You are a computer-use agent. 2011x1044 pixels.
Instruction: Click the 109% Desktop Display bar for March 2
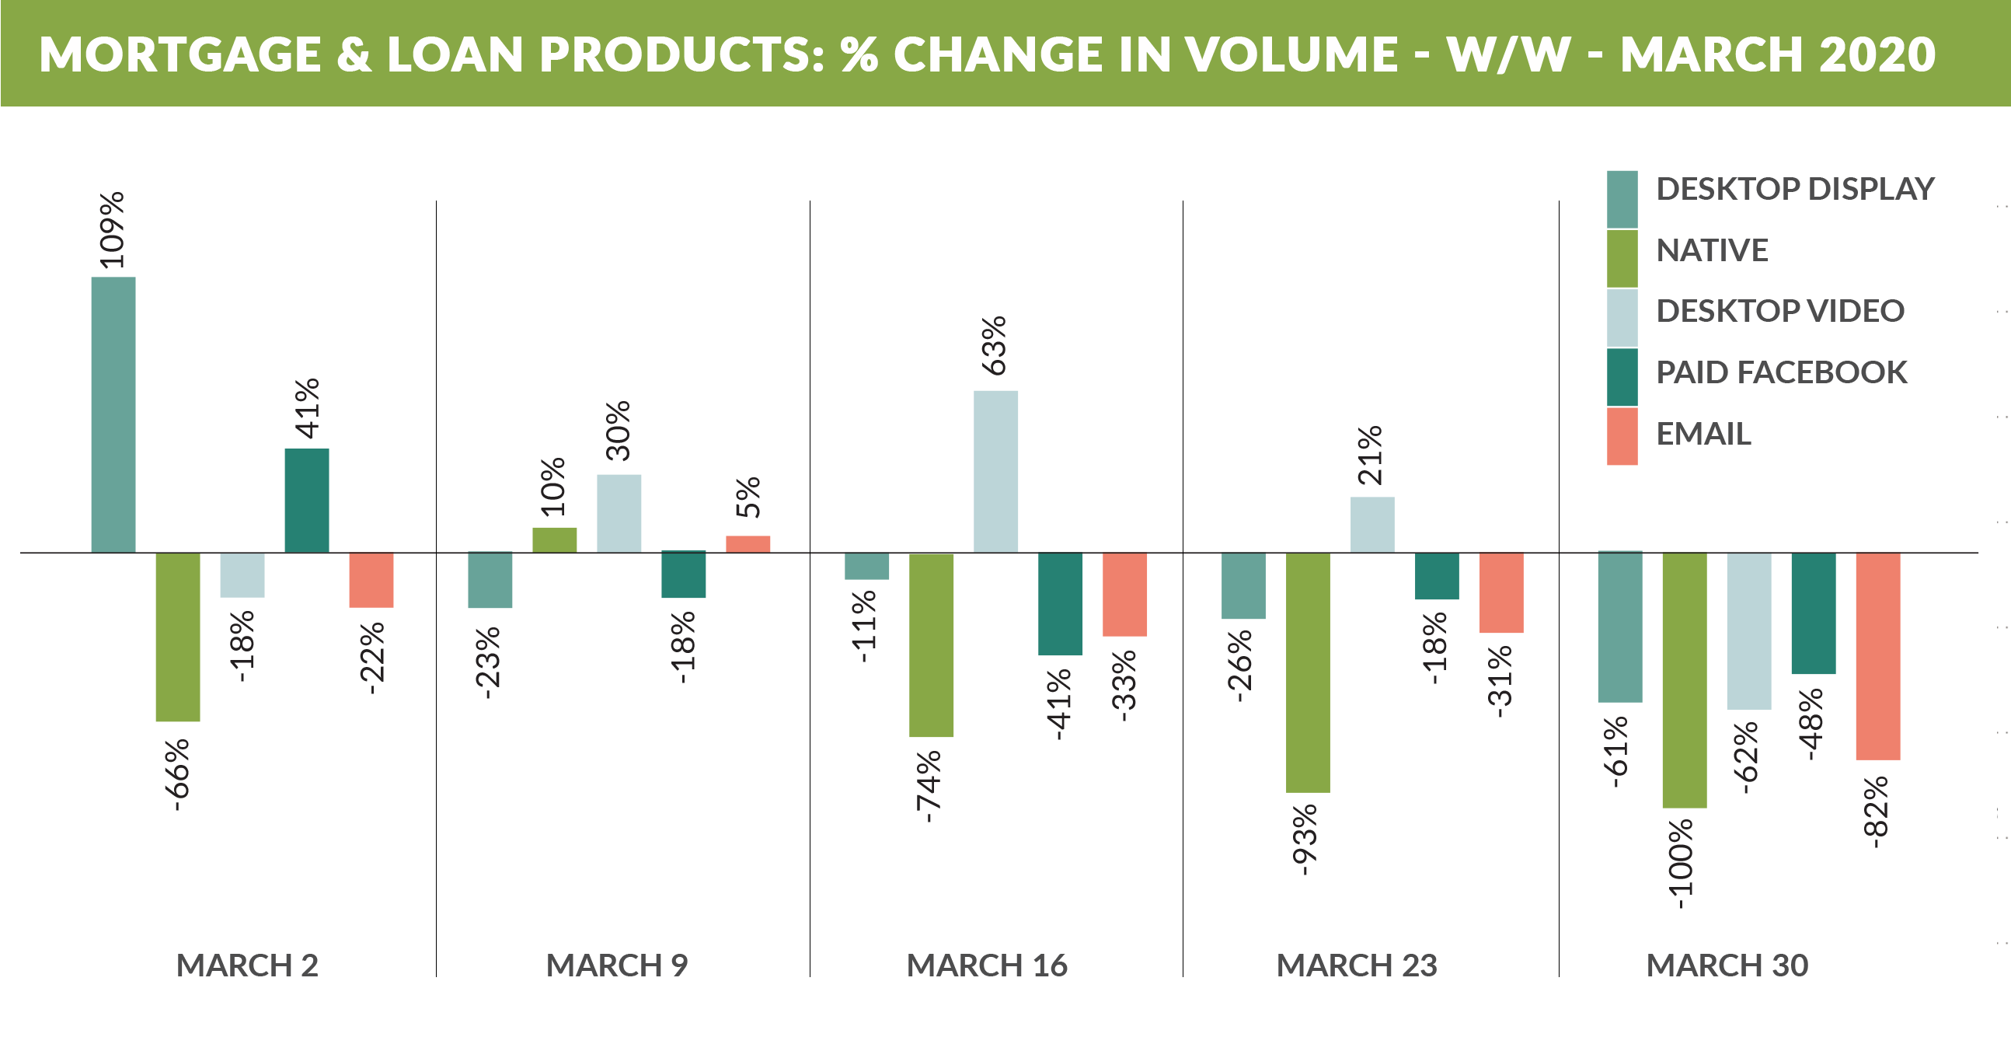[113, 414]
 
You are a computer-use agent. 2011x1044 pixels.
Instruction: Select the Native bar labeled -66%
[178, 637]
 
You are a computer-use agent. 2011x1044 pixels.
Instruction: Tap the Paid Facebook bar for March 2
[307, 500]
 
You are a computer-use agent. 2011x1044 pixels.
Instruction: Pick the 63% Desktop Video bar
[995, 471]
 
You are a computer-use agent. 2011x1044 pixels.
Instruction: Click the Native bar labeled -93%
[1308, 672]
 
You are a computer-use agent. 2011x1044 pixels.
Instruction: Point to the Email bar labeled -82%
[1877, 656]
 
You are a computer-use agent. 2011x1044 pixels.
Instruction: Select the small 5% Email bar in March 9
[748, 543]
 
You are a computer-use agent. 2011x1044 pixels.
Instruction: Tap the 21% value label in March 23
[1370, 456]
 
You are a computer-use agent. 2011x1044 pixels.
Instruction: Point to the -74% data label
[929, 787]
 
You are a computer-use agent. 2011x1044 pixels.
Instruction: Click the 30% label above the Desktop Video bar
[619, 430]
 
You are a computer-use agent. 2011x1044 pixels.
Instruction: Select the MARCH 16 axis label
[986, 965]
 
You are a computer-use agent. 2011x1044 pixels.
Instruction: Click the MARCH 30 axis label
[1727, 965]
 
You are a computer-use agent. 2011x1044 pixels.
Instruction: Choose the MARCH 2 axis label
[246, 965]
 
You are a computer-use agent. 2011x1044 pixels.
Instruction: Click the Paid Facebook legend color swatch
[1622, 376]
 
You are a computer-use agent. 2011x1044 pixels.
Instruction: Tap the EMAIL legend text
[1703, 433]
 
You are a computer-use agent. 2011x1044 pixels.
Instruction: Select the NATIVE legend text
[1712, 250]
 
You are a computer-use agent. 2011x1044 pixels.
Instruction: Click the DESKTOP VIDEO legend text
[1780, 311]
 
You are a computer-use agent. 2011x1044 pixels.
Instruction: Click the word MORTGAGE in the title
[179, 54]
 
